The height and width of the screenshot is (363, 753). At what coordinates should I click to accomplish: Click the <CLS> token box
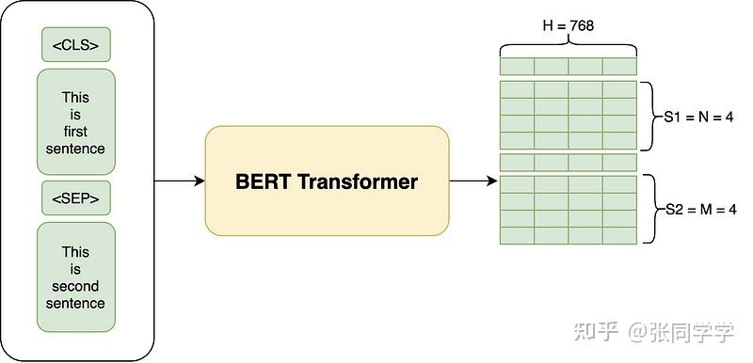(75, 44)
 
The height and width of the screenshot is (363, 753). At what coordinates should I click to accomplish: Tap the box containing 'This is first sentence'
(75, 122)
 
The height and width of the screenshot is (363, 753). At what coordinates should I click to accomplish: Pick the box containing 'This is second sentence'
(75, 277)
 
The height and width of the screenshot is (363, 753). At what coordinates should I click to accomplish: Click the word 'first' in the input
(75, 132)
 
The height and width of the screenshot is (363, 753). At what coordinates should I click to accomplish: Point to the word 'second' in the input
(75, 286)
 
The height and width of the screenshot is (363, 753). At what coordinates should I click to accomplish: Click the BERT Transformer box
(327, 181)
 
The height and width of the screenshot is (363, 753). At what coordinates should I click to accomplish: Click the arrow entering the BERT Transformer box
(179, 181)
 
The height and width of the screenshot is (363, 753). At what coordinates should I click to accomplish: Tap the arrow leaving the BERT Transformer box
(473, 181)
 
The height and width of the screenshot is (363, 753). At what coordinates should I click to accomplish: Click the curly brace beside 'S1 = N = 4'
(649, 116)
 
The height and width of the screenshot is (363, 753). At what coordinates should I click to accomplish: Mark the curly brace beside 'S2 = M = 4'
(649, 209)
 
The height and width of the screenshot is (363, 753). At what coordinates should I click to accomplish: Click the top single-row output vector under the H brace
(569, 67)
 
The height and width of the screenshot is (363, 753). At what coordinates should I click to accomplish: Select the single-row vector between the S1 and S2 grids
(569, 163)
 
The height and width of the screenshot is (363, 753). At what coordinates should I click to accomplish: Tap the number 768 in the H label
(584, 24)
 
